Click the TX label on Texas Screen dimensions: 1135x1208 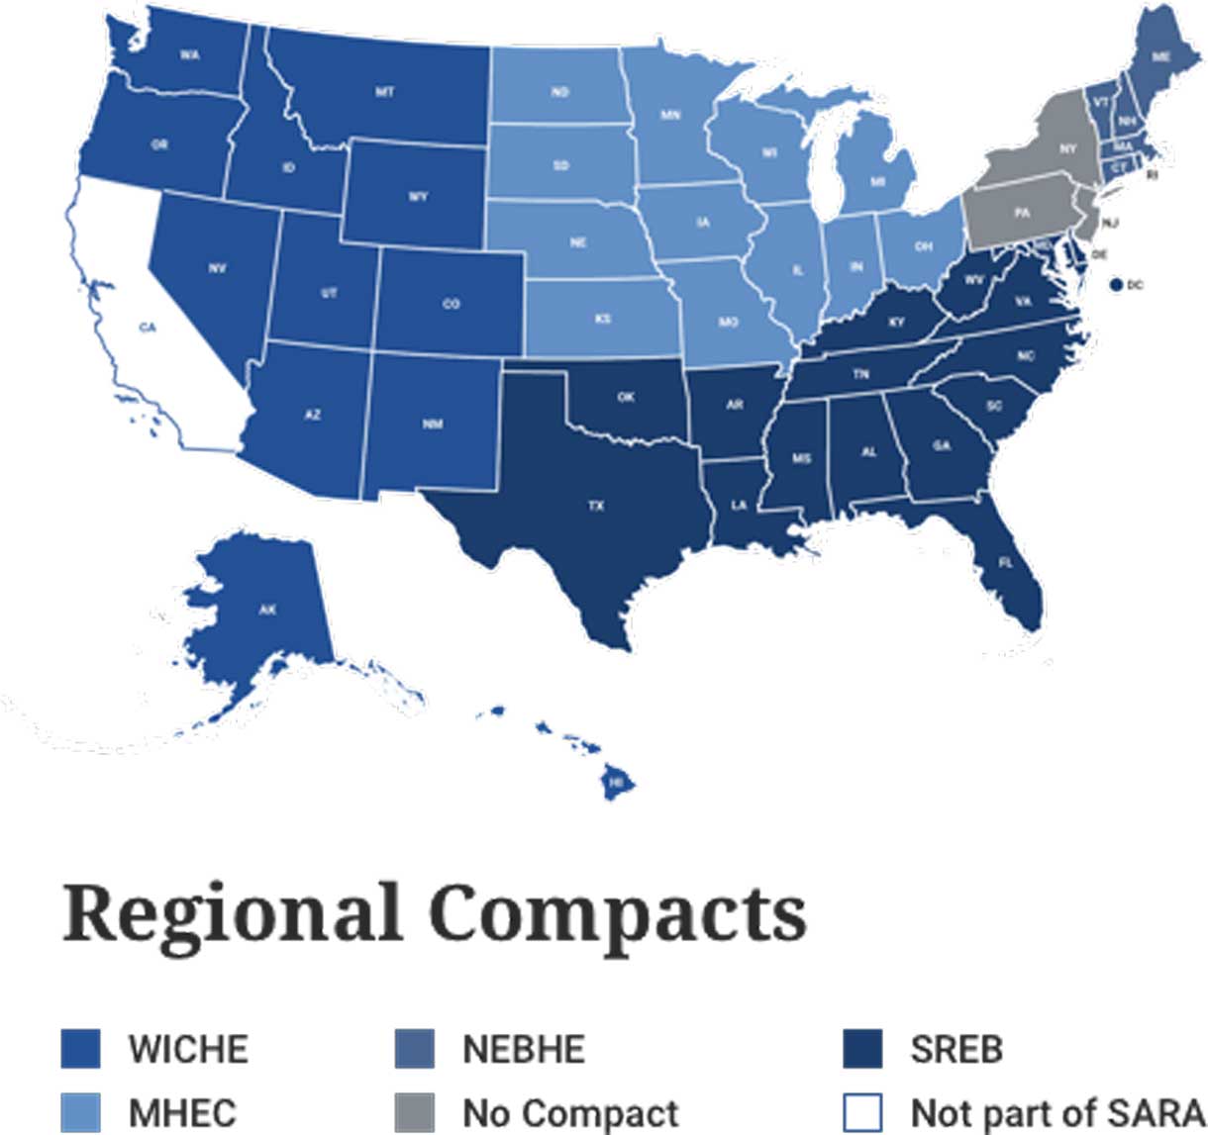coord(596,506)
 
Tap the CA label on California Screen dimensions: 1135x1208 coord(148,328)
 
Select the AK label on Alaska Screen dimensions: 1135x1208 coord(267,611)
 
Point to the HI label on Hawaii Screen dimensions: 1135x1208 coord(617,783)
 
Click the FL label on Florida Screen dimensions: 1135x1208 coord(1006,562)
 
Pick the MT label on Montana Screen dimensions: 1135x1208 coord(384,92)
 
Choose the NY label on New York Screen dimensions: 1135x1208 coord(1067,149)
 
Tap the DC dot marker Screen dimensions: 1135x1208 coord(1116,285)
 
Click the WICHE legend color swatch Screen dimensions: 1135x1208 coord(81,1049)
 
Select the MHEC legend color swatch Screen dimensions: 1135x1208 coord(81,1112)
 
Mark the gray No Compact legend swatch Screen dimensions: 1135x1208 coord(414,1112)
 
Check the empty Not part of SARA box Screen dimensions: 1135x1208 coord(861,1112)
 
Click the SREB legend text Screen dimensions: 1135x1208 coord(956,1049)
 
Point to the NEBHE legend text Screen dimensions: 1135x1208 coord(524,1049)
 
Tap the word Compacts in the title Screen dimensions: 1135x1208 coord(618,914)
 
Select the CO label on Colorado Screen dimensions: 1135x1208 coord(451,304)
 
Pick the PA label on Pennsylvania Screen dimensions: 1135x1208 coord(1021,213)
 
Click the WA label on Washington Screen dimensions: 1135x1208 coord(189,55)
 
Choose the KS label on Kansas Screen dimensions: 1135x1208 coord(602,319)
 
